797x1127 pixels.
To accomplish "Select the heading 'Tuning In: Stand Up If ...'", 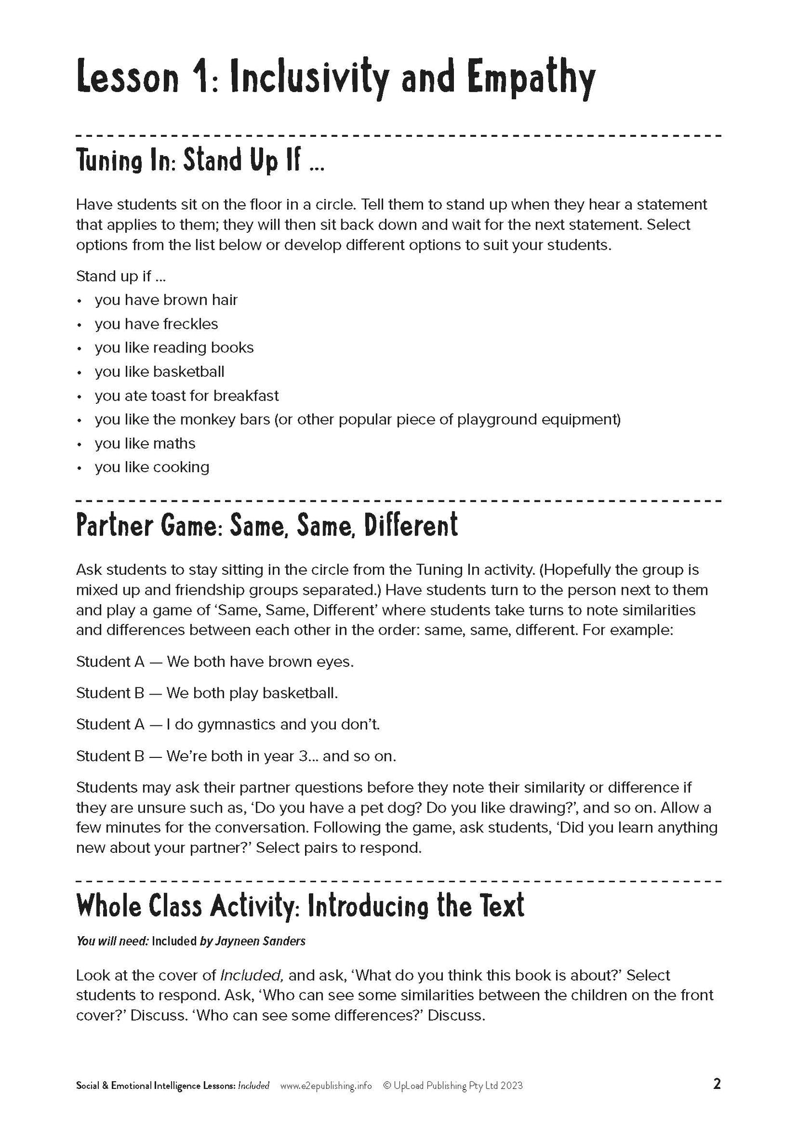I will click(x=200, y=161).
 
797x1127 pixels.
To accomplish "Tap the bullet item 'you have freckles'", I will click(x=156, y=324).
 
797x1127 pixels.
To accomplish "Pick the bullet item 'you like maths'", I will click(x=145, y=444).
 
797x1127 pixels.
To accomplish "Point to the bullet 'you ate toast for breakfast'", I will click(x=186, y=396).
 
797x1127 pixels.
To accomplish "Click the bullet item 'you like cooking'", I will click(x=152, y=467).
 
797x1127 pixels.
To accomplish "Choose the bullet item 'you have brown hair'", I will click(x=166, y=300).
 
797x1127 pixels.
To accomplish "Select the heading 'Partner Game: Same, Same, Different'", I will click(x=266, y=525).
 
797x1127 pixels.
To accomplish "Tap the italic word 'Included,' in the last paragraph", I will click(x=252, y=975).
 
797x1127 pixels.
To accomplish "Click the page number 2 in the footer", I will click(x=717, y=1085).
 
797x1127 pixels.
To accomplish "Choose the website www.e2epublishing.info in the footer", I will click(x=326, y=1086).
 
